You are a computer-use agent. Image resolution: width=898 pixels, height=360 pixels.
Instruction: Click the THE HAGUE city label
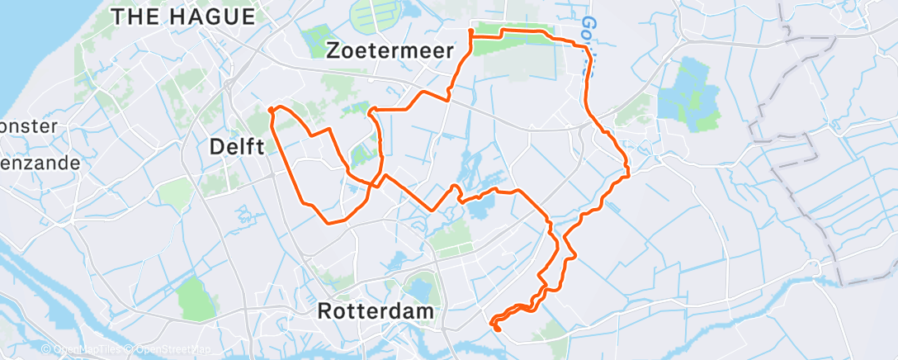(183, 16)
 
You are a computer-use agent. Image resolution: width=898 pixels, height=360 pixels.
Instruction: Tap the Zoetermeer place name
(390, 50)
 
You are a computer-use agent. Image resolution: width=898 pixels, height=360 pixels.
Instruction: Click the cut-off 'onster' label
(29, 126)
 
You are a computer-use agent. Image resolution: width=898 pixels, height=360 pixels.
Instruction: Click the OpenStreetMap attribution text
(174, 350)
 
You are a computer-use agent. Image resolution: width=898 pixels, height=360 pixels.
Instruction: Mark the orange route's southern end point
(497, 329)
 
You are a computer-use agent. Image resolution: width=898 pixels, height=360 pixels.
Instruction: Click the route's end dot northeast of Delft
(272, 109)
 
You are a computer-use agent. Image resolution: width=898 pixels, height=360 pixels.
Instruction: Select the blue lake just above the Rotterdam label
(419, 290)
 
